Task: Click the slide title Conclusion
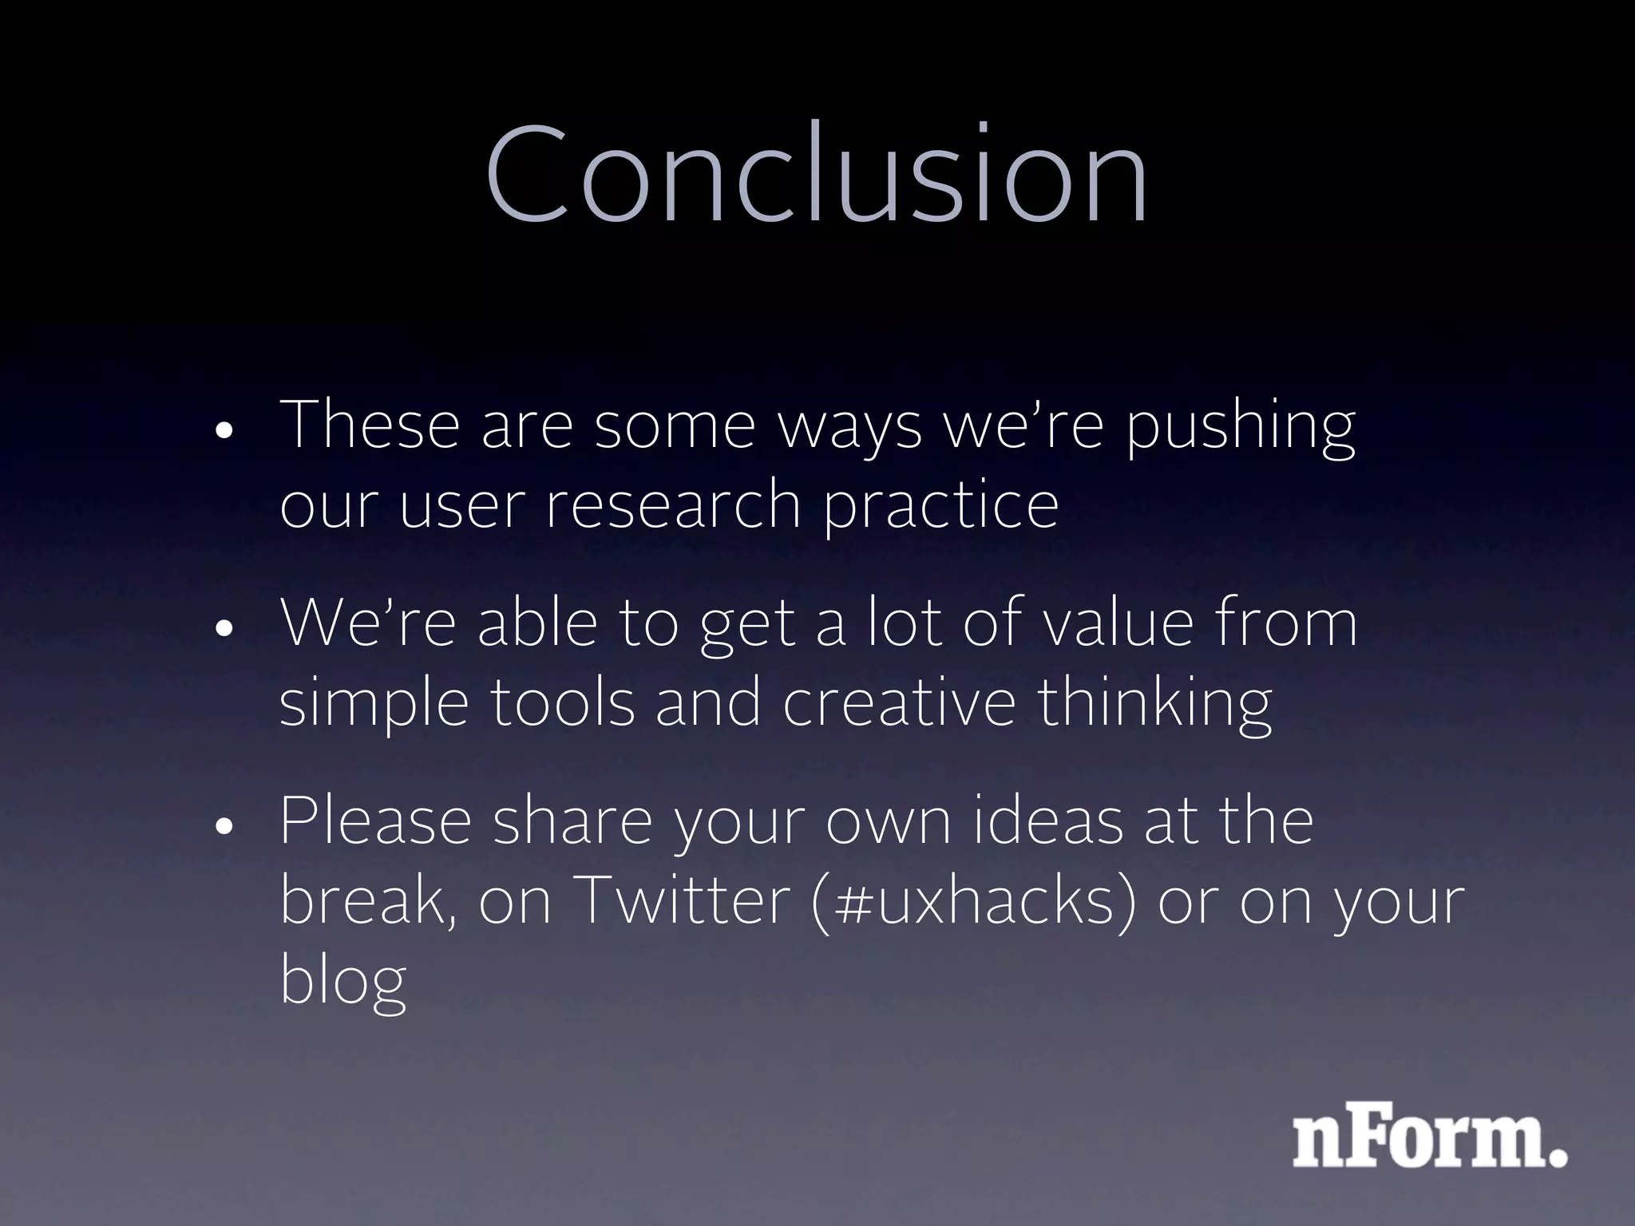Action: [816, 174]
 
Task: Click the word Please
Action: [375, 821]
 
